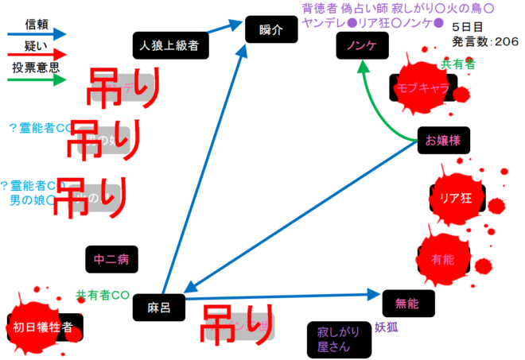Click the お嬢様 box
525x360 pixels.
coord(443,141)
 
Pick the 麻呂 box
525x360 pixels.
coord(154,304)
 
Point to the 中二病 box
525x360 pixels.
coord(111,258)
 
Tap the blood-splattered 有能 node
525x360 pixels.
coord(442,258)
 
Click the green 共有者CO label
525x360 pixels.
coord(103,295)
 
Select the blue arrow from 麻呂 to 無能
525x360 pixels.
coord(286,297)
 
